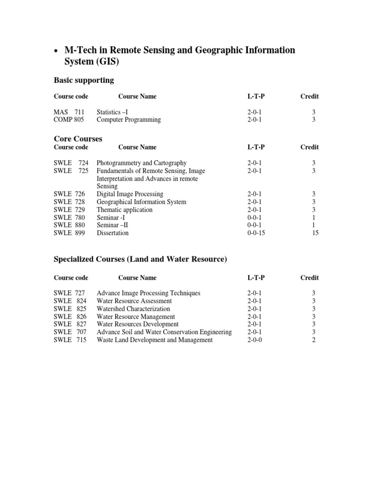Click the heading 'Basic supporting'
pyautogui.click(x=84, y=80)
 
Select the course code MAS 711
pyautogui.click(x=69, y=112)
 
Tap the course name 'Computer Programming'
pyautogui.click(x=129, y=120)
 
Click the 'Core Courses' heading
pyautogui.click(x=78, y=139)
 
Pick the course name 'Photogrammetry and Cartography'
pyautogui.click(x=142, y=163)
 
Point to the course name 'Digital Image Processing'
pyautogui.click(x=130, y=194)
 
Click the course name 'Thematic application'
pyautogui.click(x=124, y=210)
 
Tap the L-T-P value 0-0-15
pyautogui.click(x=257, y=233)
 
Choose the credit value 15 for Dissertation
pyautogui.click(x=314, y=233)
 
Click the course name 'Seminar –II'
pyautogui.click(x=113, y=225)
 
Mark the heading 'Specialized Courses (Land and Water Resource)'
pyautogui.click(x=140, y=259)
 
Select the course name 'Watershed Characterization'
pyautogui.click(x=133, y=309)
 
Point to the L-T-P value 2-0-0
pyautogui.click(x=255, y=340)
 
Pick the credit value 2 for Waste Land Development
pyautogui.click(x=314, y=340)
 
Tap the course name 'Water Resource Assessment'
pyautogui.click(x=134, y=301)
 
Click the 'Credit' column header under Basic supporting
pyautogui.click(x=309, y=96)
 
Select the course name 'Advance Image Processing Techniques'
pyautogui.click(x=148, y=293)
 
